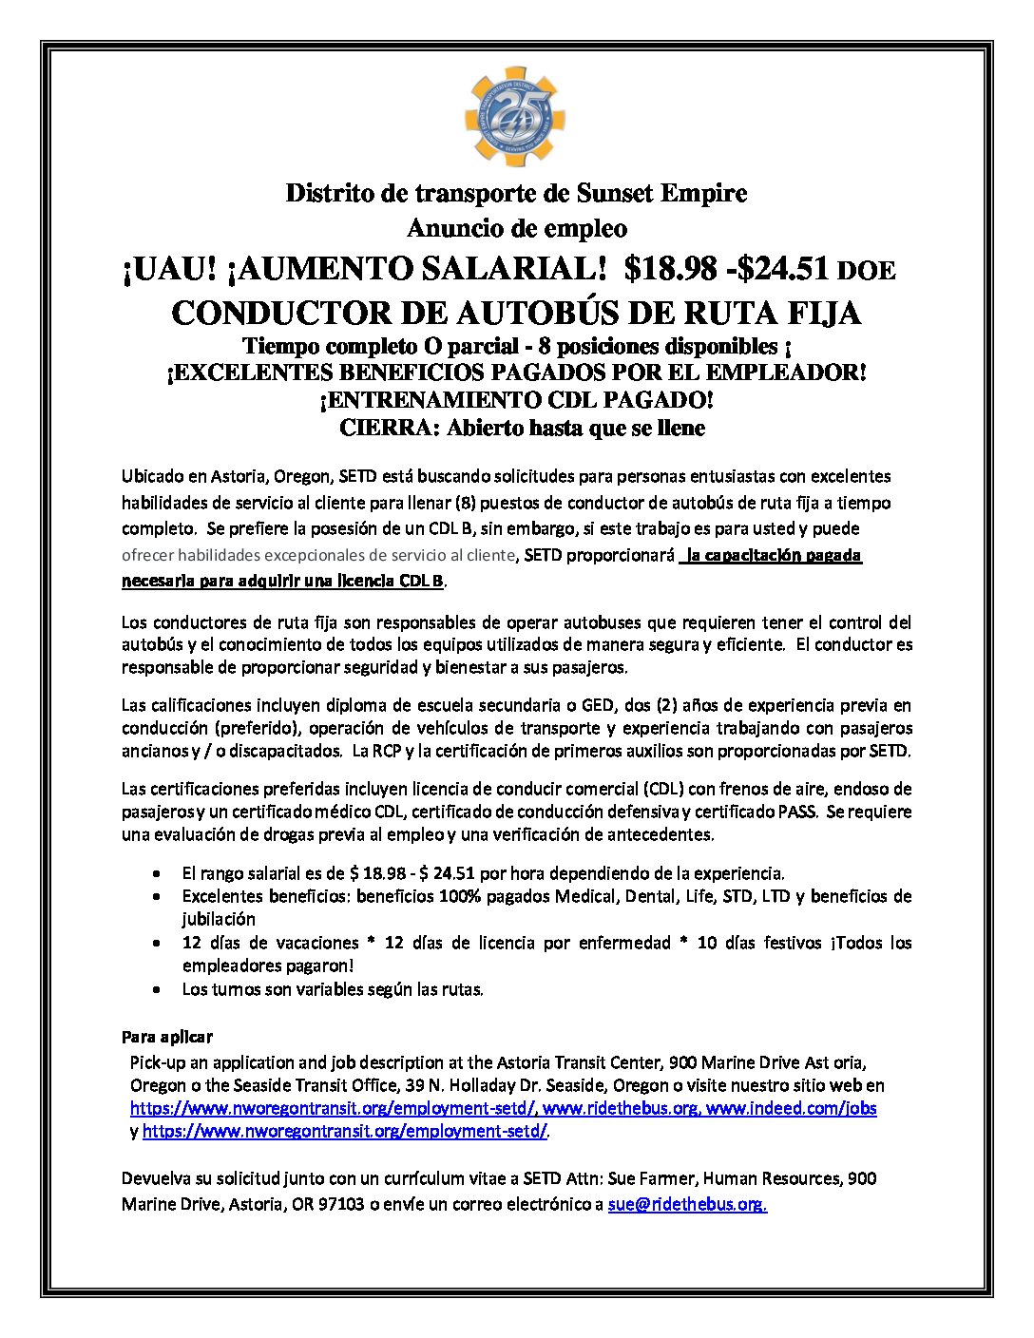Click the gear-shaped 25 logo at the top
tap(515, 116)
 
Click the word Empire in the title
tap(703, 194)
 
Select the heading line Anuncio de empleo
tap(517, 229)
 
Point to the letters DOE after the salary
tap(866, 272)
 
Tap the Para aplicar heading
tap(167, 1037)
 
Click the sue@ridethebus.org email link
tap(685, 1204)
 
